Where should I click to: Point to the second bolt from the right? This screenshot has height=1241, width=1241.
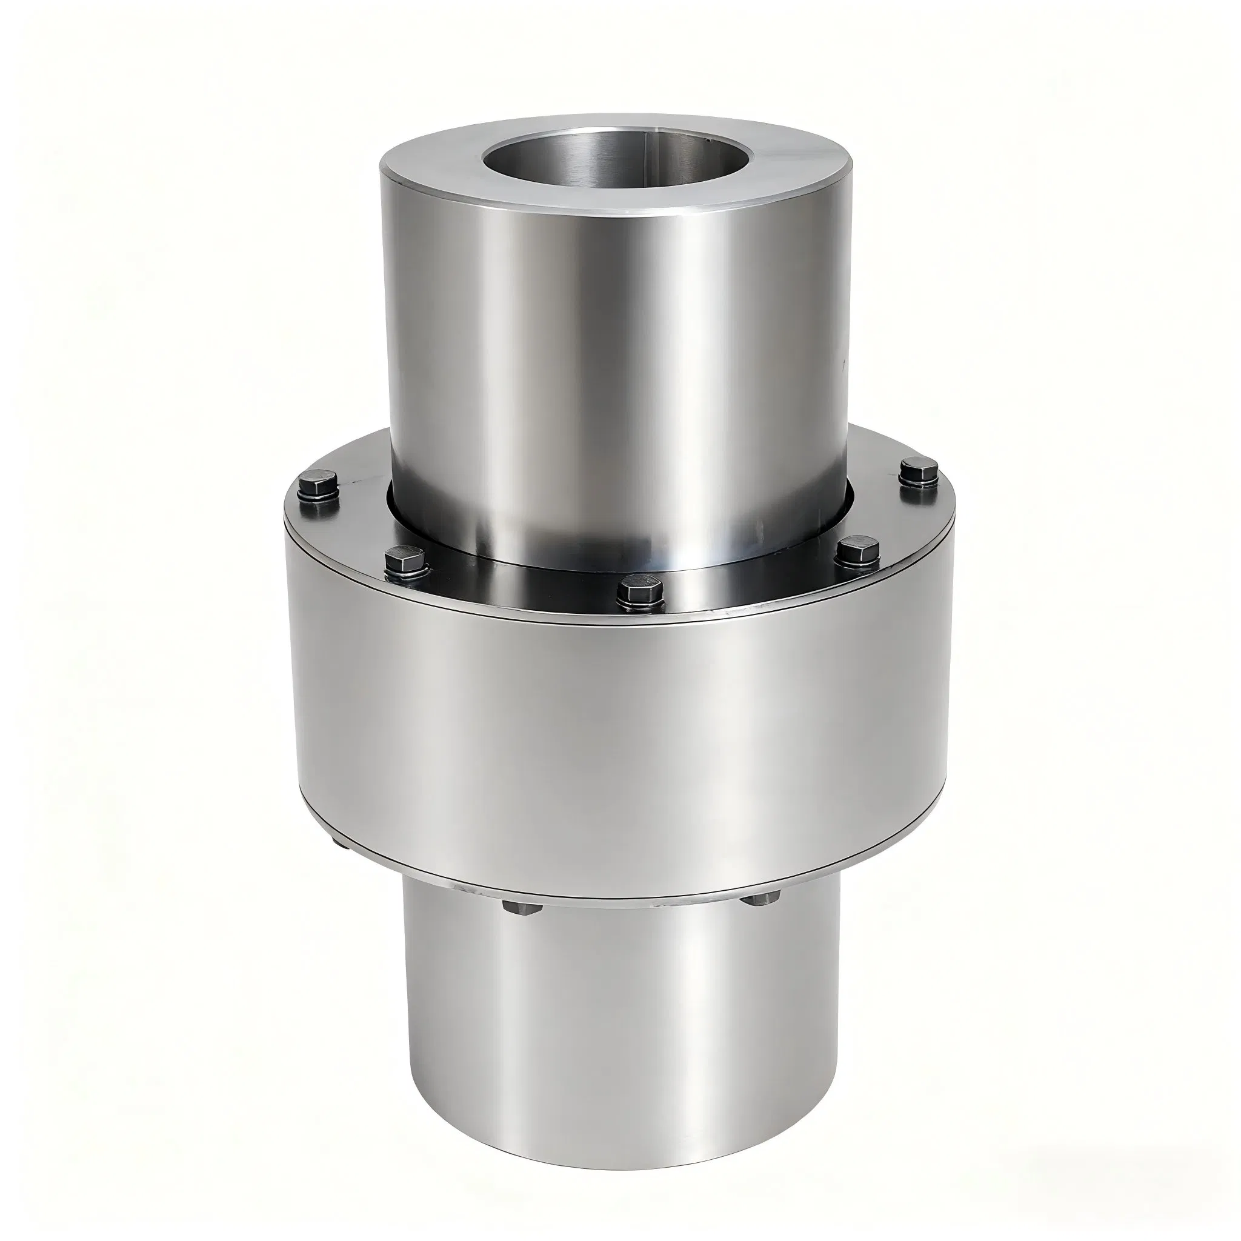[859, 553]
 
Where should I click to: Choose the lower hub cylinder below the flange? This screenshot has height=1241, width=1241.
[617, 1028]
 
